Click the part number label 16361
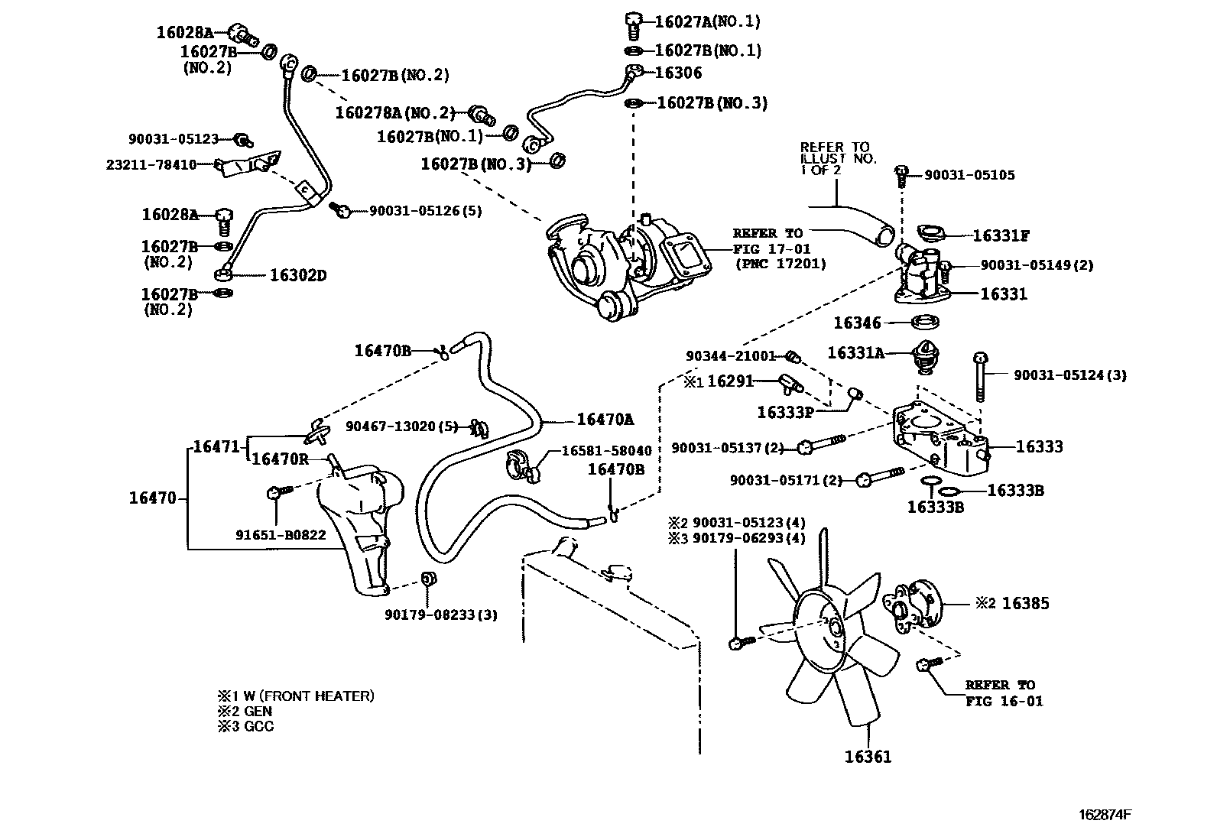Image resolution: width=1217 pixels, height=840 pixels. tap(868, 757)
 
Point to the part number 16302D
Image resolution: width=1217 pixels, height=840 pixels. tap(298, 275)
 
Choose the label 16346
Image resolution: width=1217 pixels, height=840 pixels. tap(857, 323)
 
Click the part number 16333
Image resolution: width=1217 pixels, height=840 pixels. tap(1039, 446)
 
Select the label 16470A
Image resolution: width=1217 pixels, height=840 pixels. tap(605, 419)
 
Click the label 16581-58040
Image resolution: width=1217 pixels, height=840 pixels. tap(607, 451)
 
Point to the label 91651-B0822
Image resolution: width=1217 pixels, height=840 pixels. tap(281, 535)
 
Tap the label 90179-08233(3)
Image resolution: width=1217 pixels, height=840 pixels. tap(441, 615)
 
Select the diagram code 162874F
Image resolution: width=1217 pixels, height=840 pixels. tap(1104, 814)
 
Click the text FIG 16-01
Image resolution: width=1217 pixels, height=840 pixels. tap(1004, 701)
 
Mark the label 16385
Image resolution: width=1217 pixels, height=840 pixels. tap(1025, 603)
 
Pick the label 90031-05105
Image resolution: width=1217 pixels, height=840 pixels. tap(969, 175)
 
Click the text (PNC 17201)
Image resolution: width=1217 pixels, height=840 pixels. tap(781, 264)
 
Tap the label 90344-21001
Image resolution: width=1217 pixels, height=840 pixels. tap(731, 356)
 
